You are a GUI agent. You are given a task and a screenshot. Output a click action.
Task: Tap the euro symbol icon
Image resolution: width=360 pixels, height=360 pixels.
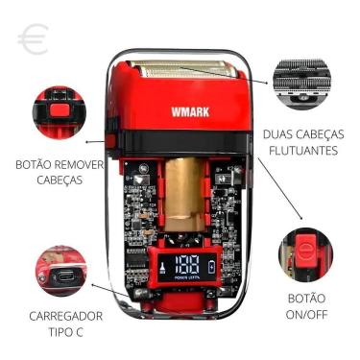pos(33,39)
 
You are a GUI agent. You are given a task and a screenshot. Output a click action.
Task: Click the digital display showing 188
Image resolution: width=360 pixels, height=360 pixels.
pos(189,264)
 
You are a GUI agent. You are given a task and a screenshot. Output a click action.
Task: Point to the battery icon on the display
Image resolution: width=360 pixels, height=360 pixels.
pos(225,265)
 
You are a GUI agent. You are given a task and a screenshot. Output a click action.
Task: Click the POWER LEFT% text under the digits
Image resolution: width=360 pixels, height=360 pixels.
pos(188,279)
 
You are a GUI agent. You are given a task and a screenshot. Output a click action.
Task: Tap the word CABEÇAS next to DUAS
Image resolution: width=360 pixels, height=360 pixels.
pos(325,133)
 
